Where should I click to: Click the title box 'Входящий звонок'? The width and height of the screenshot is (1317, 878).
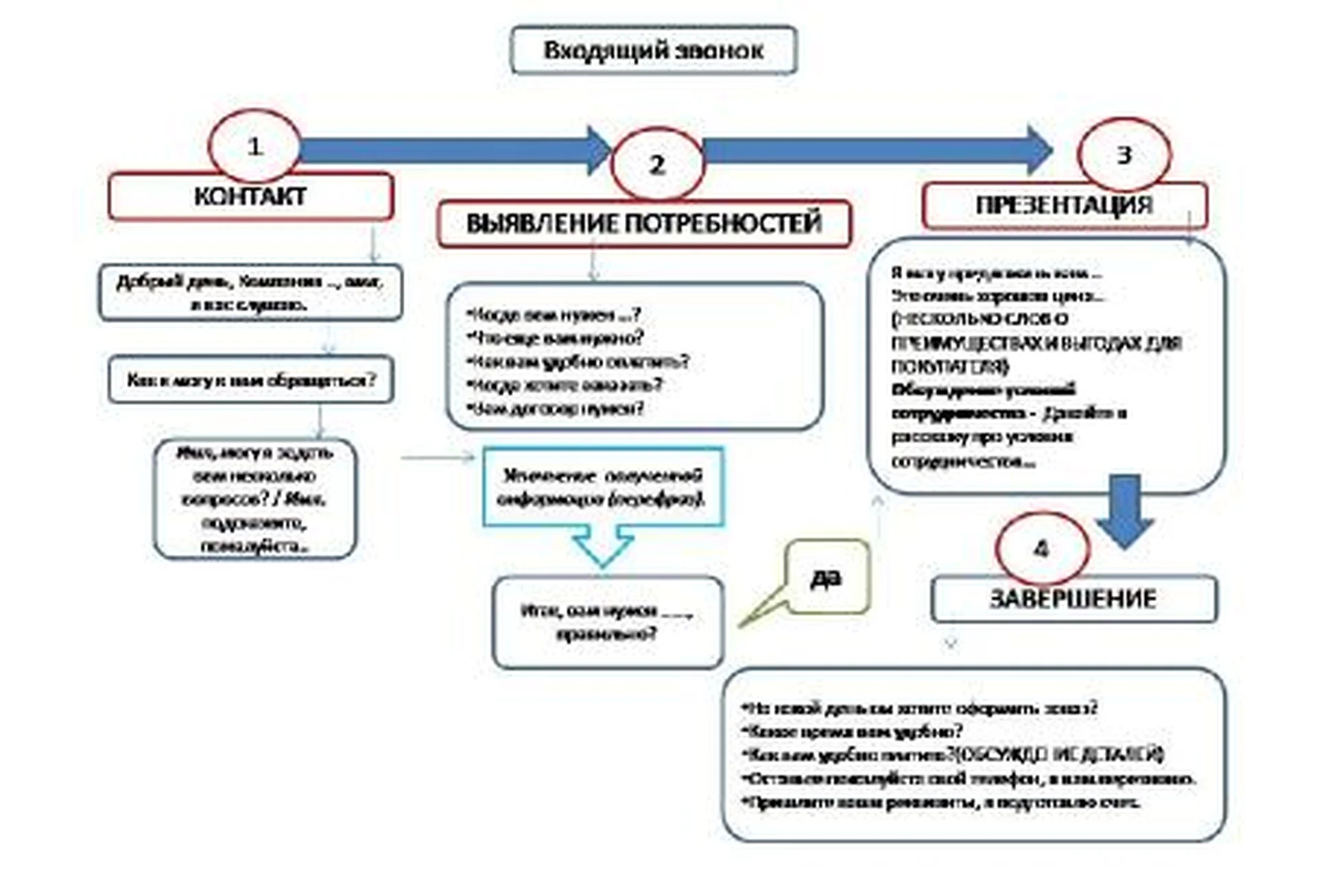point(653,50)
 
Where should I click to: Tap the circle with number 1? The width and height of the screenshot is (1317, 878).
point(254,146)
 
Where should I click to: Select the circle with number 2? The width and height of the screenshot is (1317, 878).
point(657,165)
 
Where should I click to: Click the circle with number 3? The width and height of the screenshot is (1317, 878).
point(1124,155)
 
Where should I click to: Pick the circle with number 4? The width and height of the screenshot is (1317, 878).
point(1041,549)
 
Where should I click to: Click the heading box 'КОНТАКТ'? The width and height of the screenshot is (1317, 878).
point(250,197)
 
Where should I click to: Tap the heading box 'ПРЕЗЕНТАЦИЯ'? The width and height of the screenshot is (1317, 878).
point(1064,205)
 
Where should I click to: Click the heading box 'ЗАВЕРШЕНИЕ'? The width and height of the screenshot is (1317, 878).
point(1073,599)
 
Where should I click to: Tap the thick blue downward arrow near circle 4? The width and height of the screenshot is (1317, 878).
point(1125,511)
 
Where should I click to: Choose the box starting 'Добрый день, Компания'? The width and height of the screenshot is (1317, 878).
point(250,293)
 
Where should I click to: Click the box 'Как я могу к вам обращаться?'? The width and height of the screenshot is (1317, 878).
point(250,379)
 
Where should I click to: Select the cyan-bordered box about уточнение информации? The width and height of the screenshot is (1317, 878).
point(602,487)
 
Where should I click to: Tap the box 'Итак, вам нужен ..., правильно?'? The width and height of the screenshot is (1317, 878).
point(607,622)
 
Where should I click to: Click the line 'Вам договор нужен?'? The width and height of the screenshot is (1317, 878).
point(556,409)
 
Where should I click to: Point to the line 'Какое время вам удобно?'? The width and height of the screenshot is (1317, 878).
point(854,731)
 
